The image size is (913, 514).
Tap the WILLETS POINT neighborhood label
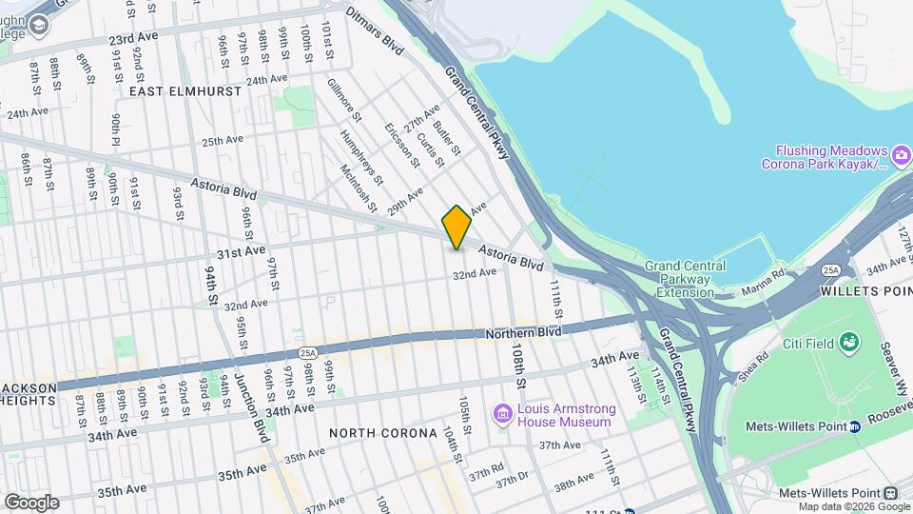pos(864,290)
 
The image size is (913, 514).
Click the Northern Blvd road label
pos(523,332)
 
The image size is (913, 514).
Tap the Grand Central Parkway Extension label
pos(685,279)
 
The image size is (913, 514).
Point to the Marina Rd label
pos(763,281)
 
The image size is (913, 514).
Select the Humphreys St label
pos(365,159)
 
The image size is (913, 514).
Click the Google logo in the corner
pos(30,502)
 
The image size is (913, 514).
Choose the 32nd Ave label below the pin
pos(475,273)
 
